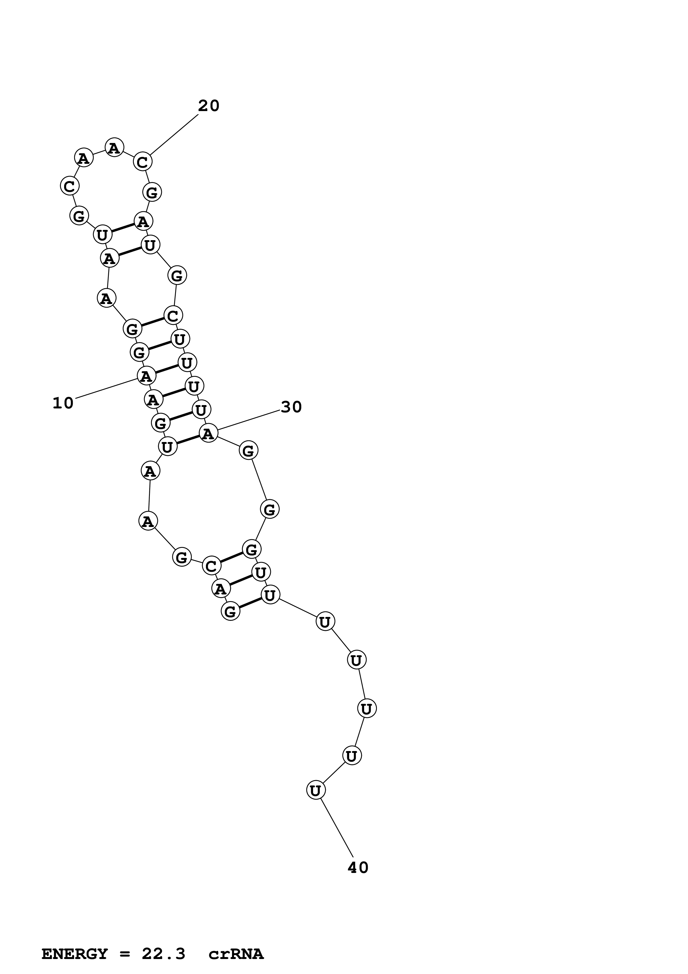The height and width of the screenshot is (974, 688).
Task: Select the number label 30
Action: pos(291,407)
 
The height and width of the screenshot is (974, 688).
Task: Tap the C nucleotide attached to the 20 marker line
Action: pos(142,162)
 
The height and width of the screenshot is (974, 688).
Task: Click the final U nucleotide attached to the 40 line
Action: pos(315,790)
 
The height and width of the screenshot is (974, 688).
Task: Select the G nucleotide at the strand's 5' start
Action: pos(230,611)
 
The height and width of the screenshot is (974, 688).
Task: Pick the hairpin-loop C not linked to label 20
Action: pos(69,186)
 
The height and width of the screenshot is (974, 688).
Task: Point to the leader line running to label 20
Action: pos(174,135)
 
